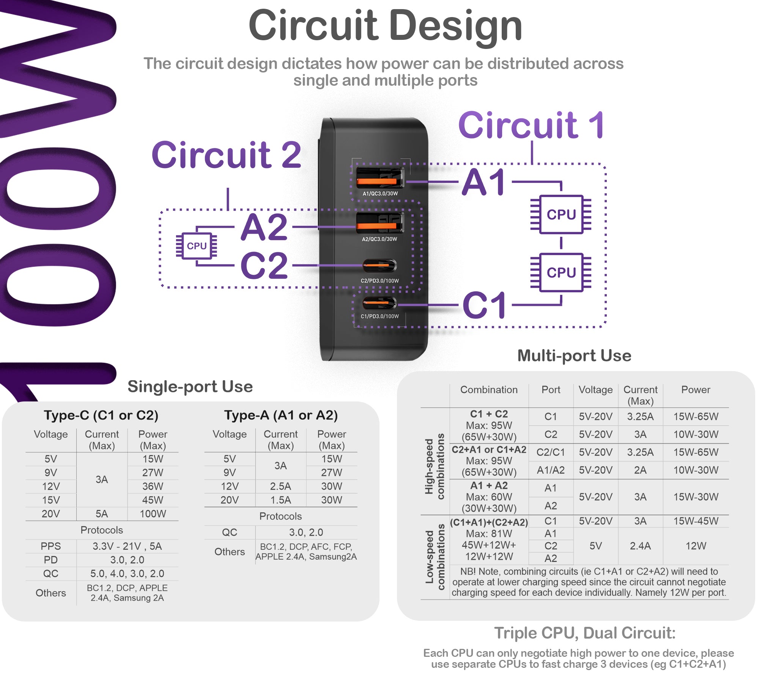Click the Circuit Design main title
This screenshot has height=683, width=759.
click(385, 26)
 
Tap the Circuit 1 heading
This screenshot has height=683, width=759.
click(531, 126)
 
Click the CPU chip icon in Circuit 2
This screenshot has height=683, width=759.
click(197, 246)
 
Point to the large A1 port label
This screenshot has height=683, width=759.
click(484, 183)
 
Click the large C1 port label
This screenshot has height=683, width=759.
click(485, 305)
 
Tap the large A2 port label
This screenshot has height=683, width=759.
click(265, 227)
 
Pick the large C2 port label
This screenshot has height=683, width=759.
click(264, 266)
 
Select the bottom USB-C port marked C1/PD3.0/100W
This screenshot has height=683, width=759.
click(379, 303)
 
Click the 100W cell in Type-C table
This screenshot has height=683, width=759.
click(153, 514)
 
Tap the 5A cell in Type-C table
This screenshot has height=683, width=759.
click(102, 514)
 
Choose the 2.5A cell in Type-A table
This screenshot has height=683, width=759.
click(280, 486)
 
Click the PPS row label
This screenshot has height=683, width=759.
click(51, 546)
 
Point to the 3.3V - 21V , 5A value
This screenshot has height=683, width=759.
click(127, 546)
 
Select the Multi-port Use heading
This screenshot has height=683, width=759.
click(574, 356)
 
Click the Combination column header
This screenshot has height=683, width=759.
click(489, 390)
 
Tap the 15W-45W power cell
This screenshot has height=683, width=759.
click(696, 521)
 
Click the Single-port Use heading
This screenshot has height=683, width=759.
click(190, 387)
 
